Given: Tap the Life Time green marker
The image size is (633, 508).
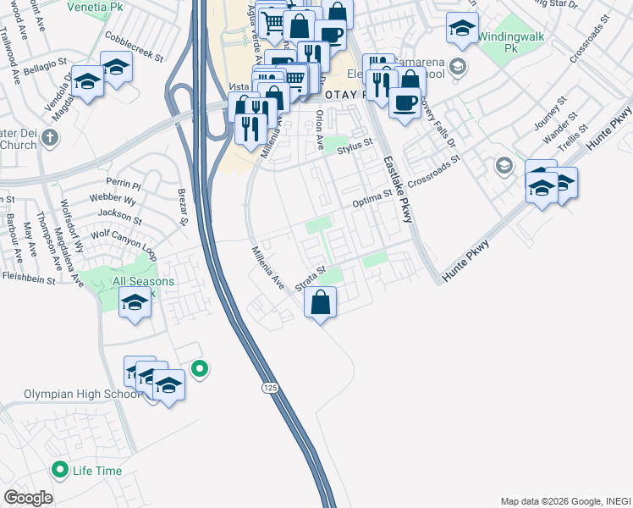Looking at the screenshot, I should click(60, 469).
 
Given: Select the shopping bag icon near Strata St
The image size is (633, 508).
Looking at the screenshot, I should click(321, 302).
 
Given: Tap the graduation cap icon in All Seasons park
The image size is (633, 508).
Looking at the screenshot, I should click(135, 303).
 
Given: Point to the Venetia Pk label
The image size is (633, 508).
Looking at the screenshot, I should click(87, 7).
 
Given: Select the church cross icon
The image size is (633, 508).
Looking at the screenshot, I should click(50, 136).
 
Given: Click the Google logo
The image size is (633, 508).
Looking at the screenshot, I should click(28, 498).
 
